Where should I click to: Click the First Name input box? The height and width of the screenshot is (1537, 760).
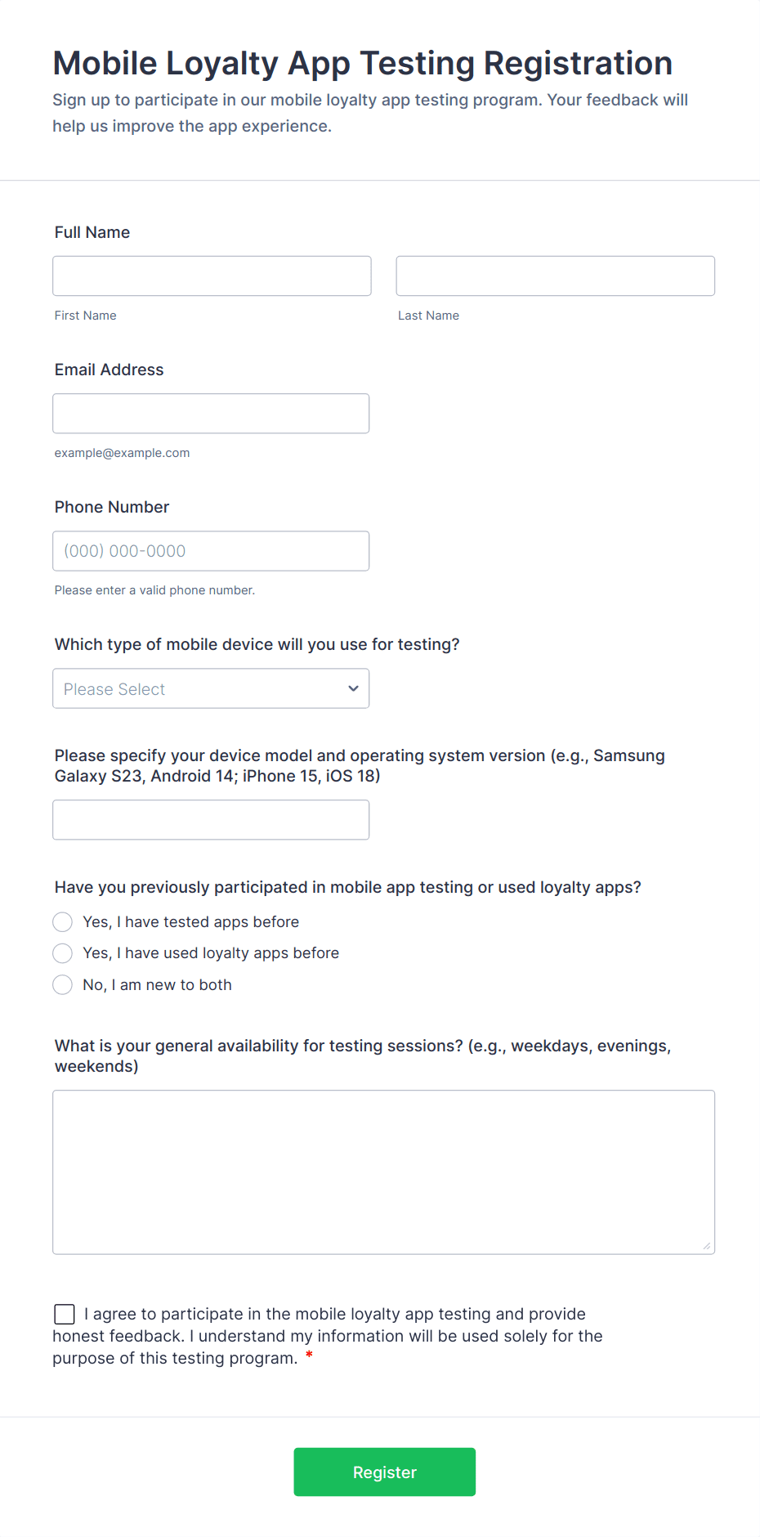pyautogui.click(x=212, y=276)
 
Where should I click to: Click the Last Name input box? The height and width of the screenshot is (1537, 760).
pyautogui.click(x=555, y=276)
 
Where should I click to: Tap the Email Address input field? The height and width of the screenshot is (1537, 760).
pyautogui.click(x=211, y=414)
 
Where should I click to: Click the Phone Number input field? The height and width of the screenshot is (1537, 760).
pyautogui.click(x=211, y=551)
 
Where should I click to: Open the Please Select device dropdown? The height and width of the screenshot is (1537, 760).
pyautogui.click(x=211, y=688)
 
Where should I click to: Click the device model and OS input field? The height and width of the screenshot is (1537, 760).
pyautogui.click(x=211, y=819)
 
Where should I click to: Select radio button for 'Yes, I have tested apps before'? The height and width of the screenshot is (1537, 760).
pyautogui.click(x=63, y=922)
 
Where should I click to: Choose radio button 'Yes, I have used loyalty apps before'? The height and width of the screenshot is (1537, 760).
pyautogui.click(x=63, y=953)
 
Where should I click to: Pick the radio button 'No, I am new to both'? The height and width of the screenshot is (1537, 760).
pyautogui.click(x=63, y=985)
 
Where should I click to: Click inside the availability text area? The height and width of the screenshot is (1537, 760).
pyautogui.click(x=383, y=1172)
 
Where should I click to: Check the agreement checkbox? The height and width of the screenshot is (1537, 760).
pyautogui.click(x=65, y=1314)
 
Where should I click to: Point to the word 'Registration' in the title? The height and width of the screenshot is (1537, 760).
pyautogui.click(x=578, y=64)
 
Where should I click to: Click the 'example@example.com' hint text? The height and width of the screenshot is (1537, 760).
pyautogui.click(x=122, y=453)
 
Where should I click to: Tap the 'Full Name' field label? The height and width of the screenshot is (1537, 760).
pyautogui.click(x=92, y=232)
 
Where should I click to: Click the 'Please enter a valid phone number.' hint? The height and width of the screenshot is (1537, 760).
pyautogui.click(x=154, y=590)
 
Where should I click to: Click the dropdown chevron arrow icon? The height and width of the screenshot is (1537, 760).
pyautogui.click(x=353, y=688)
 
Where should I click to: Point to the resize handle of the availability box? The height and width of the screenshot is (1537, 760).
pyautogui.click(x=707, y=1246)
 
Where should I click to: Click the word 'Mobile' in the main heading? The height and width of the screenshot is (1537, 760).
pyautogui.click(x=105, y=64)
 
